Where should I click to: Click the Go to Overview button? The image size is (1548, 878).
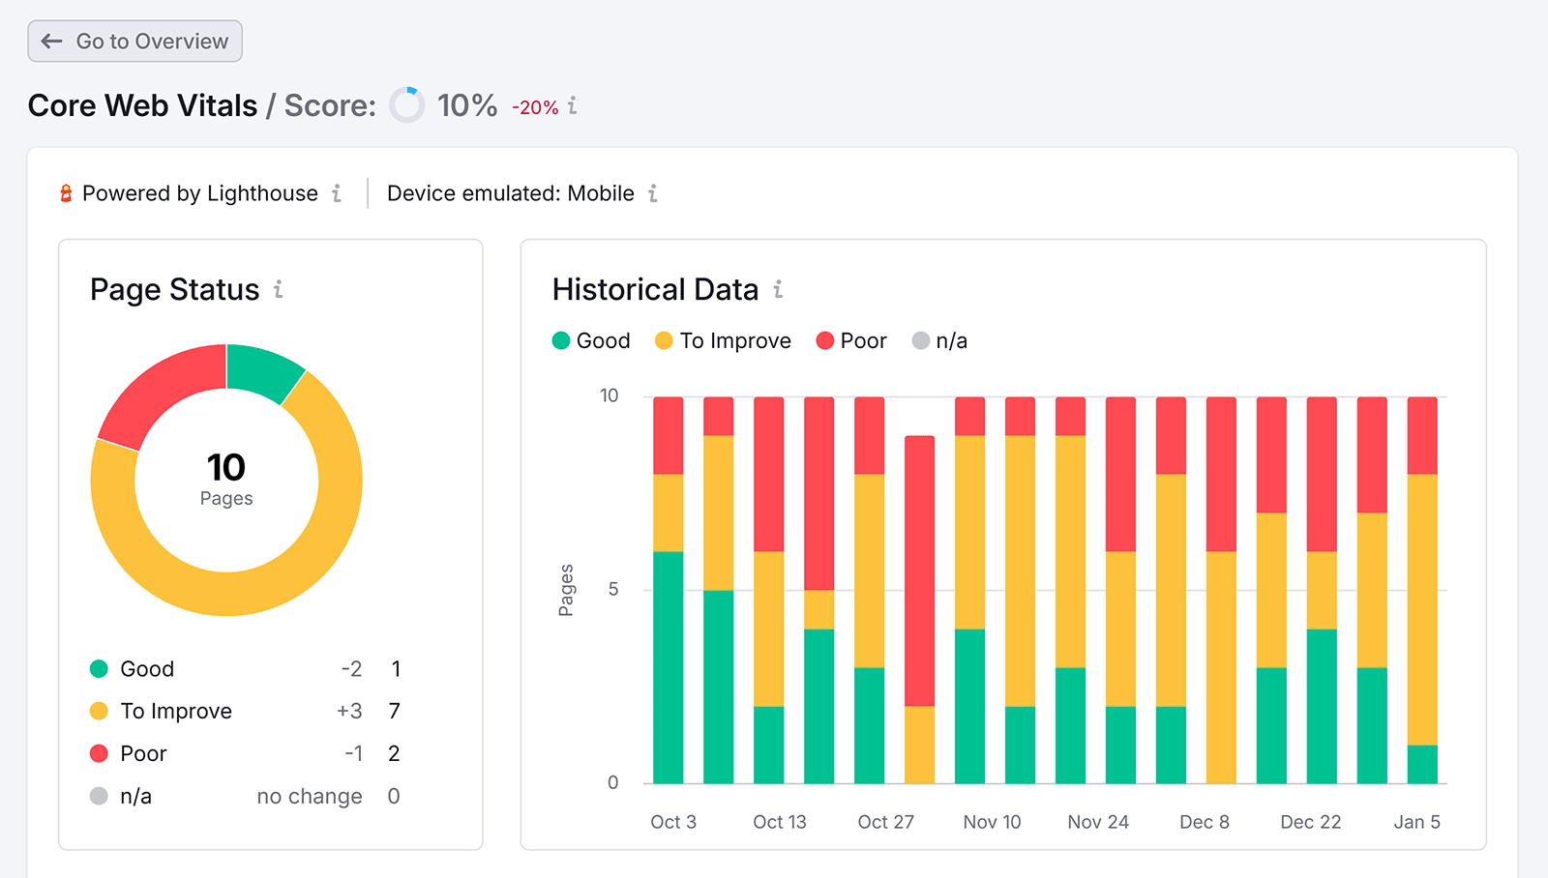click(134, 42)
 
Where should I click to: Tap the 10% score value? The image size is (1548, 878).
click(466, 105)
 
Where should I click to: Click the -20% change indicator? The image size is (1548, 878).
click(535, 107)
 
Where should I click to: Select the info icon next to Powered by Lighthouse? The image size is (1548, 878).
click(337, 193)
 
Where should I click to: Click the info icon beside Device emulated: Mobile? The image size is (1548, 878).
click(653, 193)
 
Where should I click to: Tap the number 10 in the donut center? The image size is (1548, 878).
click(226, 468)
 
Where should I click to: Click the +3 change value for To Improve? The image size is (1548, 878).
click(349, 712)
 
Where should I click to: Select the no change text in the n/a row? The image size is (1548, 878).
click(310, 797)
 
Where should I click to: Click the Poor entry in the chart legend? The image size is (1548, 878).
click(851, 340)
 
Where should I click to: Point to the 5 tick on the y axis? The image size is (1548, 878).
click(612, 590)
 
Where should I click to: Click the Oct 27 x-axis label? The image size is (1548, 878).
click(885, 822)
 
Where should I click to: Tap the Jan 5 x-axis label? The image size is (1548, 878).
click(1416, 822)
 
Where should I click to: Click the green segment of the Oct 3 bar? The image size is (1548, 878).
click(668, 667)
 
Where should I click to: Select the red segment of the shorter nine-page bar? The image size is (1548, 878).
click(919, 571)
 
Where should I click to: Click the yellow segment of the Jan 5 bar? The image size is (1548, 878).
click(1421, 609)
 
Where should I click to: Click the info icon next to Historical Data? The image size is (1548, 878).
click(778, 289)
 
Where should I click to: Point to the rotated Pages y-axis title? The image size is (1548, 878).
click(566, 590)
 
